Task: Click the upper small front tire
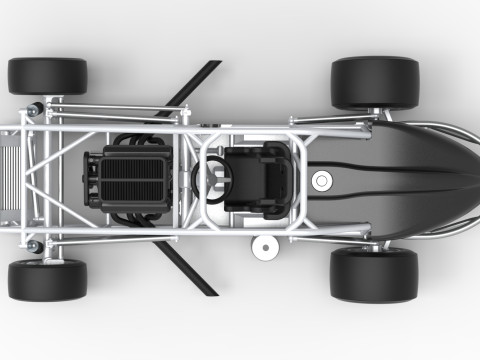click(47, 76)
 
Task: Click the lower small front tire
click(47, 280)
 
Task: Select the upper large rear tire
click(374, 82)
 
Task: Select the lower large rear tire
click(373, 274)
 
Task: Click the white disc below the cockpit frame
click(265, 246)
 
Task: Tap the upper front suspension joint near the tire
click(36, 106)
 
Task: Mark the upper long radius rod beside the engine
click(120, 109)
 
